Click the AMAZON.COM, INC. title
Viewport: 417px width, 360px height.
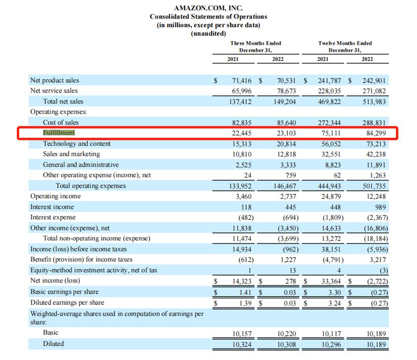[208, 8]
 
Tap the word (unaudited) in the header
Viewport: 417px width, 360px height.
[208, 33]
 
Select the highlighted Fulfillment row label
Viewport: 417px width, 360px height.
[58, 133]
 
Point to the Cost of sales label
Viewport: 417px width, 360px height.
[61, 123]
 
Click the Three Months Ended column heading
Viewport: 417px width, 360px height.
[255, 43]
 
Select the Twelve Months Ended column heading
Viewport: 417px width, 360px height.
[345, 43]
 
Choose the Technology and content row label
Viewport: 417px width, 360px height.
[76, 144]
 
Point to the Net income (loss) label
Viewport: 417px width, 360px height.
[55, 281]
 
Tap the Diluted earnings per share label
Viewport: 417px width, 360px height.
[67, 302]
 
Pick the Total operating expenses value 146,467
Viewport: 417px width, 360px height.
[286, 186]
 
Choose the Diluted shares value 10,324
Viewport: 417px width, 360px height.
[242, 344]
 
